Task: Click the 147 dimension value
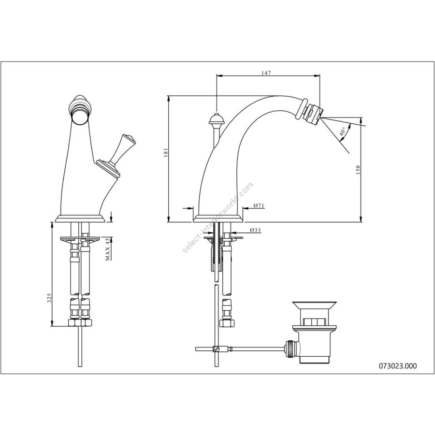pos(266,73)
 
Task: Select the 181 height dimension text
pos(166,153)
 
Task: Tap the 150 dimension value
pos(358,170)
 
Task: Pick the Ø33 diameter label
pos(255,230)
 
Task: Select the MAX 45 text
pos(108,249)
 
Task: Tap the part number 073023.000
pos(398,366)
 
